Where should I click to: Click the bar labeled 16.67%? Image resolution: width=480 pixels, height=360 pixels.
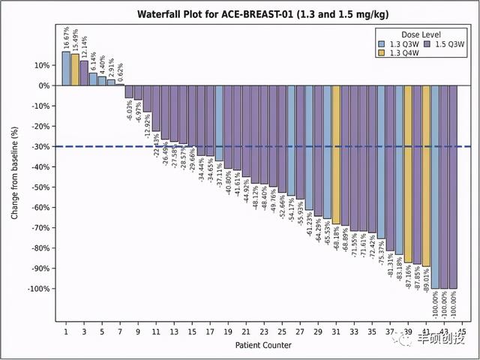[66, 68]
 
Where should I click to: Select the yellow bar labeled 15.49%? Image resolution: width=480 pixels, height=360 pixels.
[75, 70]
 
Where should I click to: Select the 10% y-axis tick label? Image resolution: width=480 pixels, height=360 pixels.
[40, 65]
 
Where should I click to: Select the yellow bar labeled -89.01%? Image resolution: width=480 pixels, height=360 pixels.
[426, 175]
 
